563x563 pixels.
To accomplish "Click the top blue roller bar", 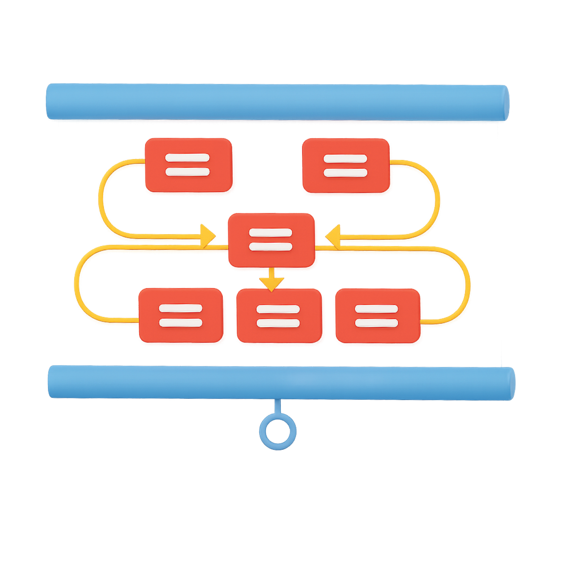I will [278, 102].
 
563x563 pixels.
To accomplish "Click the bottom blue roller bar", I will [281, 383].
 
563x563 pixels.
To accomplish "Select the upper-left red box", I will [188, 165].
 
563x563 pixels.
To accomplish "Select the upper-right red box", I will [345, 165].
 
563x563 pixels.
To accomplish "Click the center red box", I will [272, 240].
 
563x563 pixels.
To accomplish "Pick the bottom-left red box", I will [181, 315].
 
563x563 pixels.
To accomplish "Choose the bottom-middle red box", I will [279, 316].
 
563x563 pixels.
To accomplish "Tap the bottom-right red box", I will [377, 316].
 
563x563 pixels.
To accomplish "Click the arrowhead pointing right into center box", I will [207, 235].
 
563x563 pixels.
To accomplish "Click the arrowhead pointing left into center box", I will [334, 237].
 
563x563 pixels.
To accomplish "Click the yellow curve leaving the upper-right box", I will [437, 199].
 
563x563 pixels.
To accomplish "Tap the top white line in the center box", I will [271, 233].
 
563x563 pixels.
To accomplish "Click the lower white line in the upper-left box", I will [188, 172].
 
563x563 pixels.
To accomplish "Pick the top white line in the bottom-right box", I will [376, 309].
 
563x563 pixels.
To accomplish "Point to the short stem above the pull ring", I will [277, 406].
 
